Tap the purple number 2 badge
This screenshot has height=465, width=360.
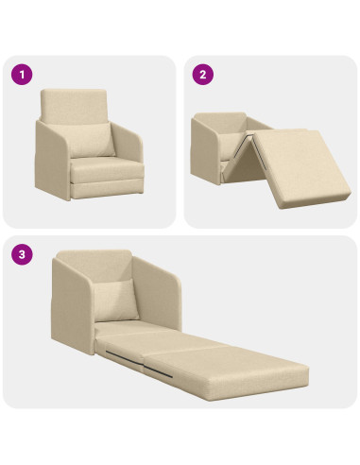[202, 72]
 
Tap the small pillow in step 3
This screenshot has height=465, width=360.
[121, 292]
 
